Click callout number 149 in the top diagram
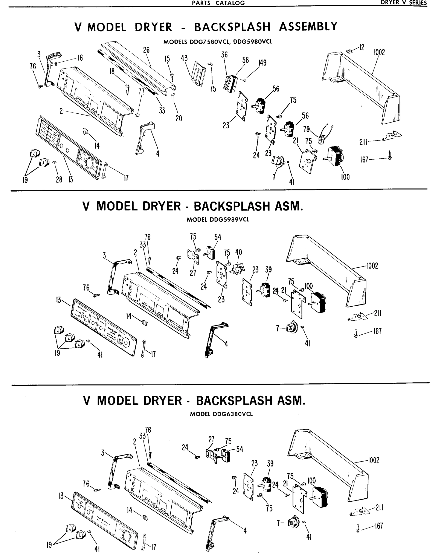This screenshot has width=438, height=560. pos(262,63)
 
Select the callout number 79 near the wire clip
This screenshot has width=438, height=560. pos(307,129)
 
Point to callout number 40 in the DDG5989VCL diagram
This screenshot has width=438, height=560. pos(238,252)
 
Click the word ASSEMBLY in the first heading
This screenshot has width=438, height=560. pos(308,27)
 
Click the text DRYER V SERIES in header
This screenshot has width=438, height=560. pos(403,3)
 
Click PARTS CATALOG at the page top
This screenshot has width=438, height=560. pos(218,3)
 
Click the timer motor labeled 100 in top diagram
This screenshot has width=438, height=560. pos(335,155)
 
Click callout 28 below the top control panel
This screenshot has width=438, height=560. pos(59,179)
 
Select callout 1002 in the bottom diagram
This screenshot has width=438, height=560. pos(373,460)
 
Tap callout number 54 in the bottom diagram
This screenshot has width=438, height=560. pos(239,449)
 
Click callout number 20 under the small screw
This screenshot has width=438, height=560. pos(179,118)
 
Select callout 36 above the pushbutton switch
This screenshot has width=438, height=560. pos(224,55)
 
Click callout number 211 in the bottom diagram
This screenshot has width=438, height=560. pos(379,507)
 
